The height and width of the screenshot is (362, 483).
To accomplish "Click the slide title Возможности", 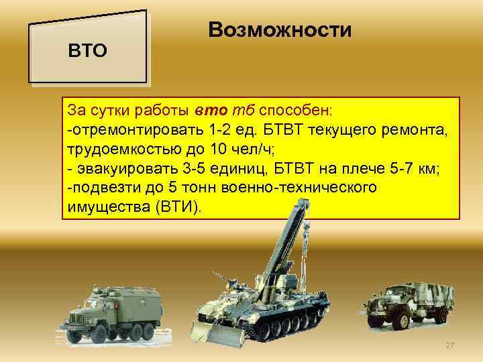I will pyautogui.click(x=280, y=30).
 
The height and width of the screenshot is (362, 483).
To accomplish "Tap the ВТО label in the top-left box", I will pyautogui.click(x=89, y=51).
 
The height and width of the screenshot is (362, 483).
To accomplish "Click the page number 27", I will pyautogui.click(x=450, y=345).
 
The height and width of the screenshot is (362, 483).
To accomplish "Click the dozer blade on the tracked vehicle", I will pyautogui.click(x=213, y=332).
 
